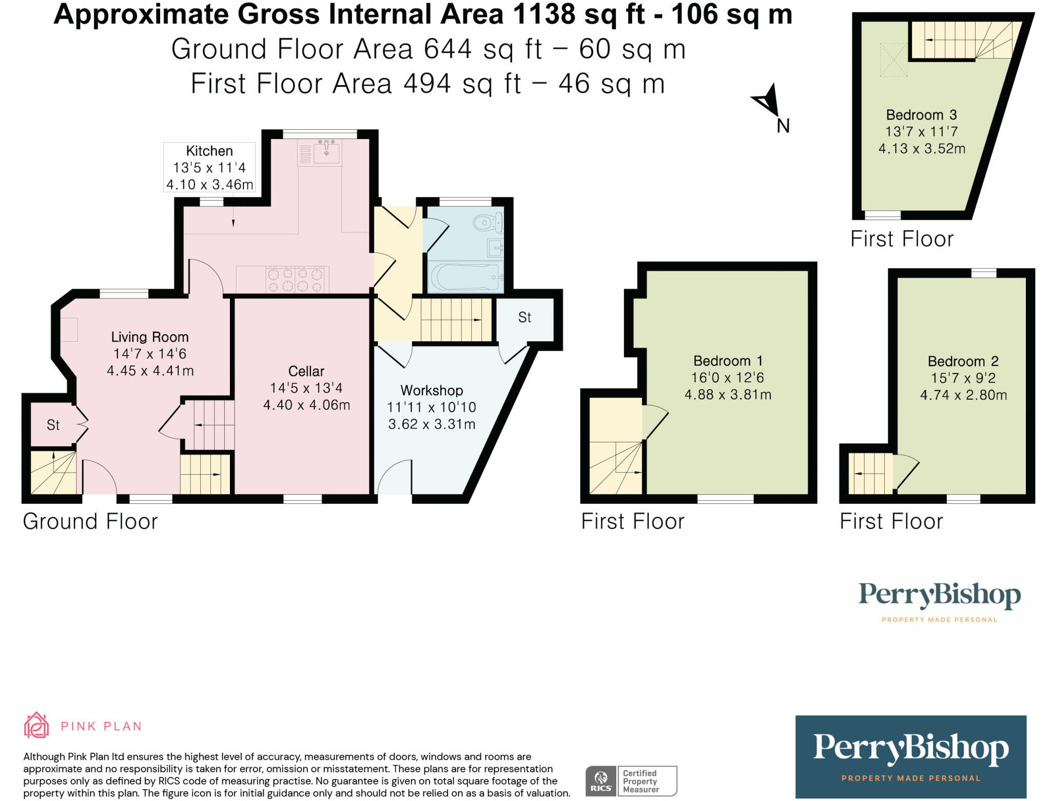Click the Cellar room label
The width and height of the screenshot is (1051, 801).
pos(306,371)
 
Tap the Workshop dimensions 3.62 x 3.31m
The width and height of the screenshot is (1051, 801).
pos(432,424)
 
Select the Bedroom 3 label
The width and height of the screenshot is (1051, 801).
pos(921,115)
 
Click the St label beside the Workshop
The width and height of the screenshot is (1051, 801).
pos(524,318)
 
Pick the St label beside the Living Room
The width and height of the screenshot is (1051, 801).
pos(53,425)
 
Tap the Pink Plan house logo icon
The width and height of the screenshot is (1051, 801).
pos(36,725)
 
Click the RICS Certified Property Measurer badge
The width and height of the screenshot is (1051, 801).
pos(631,781)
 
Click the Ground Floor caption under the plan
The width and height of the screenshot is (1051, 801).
pos(90,521)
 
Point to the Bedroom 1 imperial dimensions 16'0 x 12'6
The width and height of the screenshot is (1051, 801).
pos(728,378)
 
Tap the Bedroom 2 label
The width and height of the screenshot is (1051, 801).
pos(963,361)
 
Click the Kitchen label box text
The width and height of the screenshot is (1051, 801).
pos(209,151)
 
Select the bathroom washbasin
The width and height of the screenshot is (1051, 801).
pos(495,248)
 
